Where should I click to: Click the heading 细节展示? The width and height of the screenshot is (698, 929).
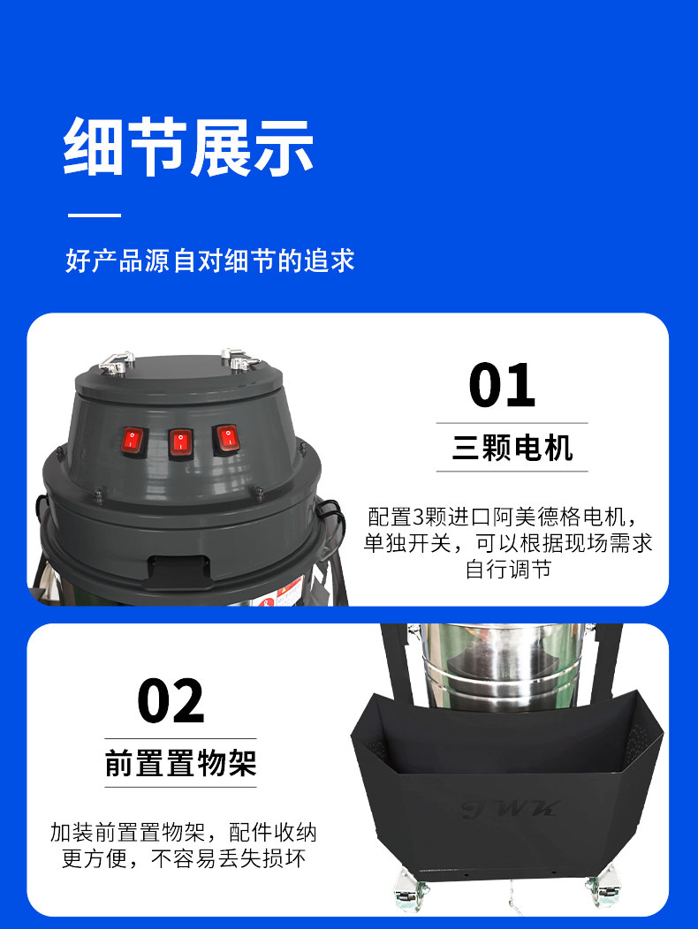click(x=188, y=146)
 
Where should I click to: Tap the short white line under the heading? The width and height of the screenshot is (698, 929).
click(x=95, y=215)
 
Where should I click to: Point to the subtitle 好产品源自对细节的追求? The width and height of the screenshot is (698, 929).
click(x=209, y=261)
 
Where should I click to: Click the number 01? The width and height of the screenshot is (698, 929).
click(x=502, y=386)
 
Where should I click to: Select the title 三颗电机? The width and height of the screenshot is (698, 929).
click(x=512, y=449)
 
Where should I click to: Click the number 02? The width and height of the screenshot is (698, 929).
click(x=171, y=702)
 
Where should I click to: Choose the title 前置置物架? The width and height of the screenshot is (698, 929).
click(x=180, y=763)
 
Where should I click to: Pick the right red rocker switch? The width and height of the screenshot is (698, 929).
click(x=226, y=438)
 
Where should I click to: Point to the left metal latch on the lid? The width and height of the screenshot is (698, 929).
click(x=116, y=361)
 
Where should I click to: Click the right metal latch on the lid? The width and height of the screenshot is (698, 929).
click(x=238, y=359)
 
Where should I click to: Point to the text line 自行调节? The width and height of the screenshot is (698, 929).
click(x=508, y=570)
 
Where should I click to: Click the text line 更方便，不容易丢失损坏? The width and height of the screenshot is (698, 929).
click(x=184, y=858)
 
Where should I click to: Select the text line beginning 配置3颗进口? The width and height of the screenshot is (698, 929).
click(x=501, y=517)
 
